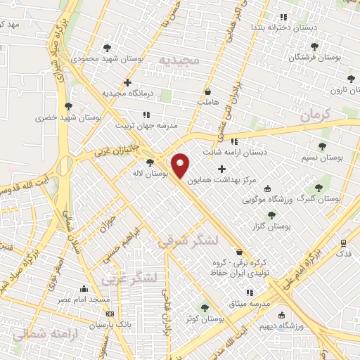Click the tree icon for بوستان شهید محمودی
tap(107, 49)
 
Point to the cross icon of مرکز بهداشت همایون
tap(222, 169)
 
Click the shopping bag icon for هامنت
tap(207, 92)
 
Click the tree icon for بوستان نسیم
tap(322, 147)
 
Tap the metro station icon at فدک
tap(343, 243)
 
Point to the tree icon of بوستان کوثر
tap(205, 307)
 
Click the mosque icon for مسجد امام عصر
tap(85, 289)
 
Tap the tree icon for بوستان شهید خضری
tap(67, 107)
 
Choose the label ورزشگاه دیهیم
tap(300, 326)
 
